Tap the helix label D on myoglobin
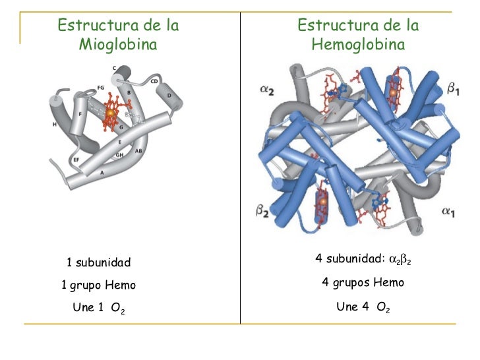point(169,96)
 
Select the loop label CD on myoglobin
point(154,82)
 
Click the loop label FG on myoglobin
point(101,87)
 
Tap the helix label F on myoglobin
point(80,113)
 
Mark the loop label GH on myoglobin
point(119,156)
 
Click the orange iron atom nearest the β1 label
point(394,93)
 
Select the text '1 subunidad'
point(99,263)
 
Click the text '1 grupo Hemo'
point(98,285)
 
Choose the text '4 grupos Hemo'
point(362,283)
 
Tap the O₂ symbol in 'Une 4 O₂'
point(382,307)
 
